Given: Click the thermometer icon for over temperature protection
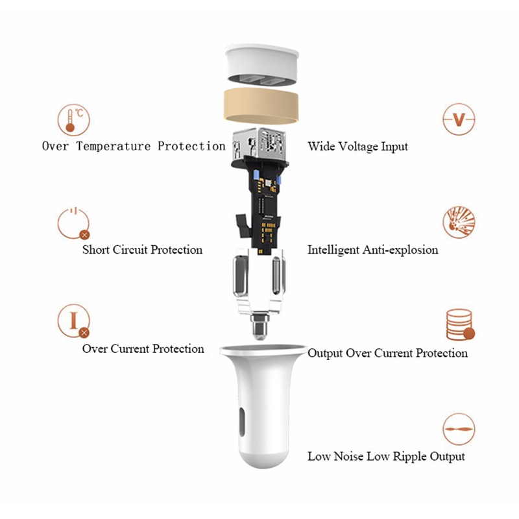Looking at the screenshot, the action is click(73, 120).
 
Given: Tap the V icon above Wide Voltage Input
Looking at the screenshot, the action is click(459, 119).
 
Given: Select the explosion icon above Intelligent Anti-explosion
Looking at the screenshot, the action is click(459, 222).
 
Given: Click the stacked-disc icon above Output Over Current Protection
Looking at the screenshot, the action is click(460, 325).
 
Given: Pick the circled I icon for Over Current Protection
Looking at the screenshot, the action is click(73, 321).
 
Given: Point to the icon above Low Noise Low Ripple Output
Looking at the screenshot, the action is click(459, 429).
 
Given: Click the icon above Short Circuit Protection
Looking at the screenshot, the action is click(73, 224).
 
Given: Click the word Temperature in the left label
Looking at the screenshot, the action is click(113, 147).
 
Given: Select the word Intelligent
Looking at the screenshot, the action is click(333, 250).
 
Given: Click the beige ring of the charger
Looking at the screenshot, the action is click(261, 106).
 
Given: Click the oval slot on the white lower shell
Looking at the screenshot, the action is click(241, 422).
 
